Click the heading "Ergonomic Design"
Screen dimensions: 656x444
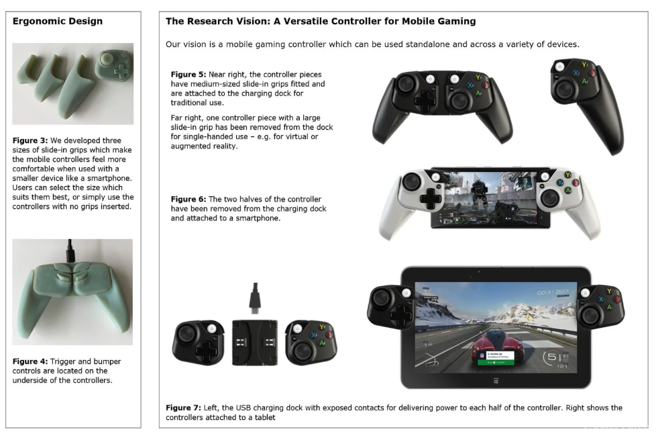tap(57, 21)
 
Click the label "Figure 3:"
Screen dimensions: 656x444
tap(30, 140)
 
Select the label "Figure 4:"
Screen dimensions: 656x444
tap(30, 361)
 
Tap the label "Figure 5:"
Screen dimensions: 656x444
tap(188, 75)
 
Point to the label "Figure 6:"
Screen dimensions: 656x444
tap(188, 199)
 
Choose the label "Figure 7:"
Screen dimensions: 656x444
tap(183, 408)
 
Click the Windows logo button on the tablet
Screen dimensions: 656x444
tap(496, 381)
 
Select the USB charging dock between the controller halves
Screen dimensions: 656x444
tap(255, 342)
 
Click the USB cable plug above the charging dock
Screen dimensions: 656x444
tap(255, 298)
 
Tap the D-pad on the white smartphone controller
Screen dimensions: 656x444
tap(430, 197)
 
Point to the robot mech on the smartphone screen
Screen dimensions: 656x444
tap(479, 192)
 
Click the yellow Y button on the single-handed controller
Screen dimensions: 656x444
tap(584, 65)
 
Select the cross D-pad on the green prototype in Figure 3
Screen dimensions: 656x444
tap(121, 71)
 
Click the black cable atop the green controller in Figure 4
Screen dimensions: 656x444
tap(70, 251)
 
